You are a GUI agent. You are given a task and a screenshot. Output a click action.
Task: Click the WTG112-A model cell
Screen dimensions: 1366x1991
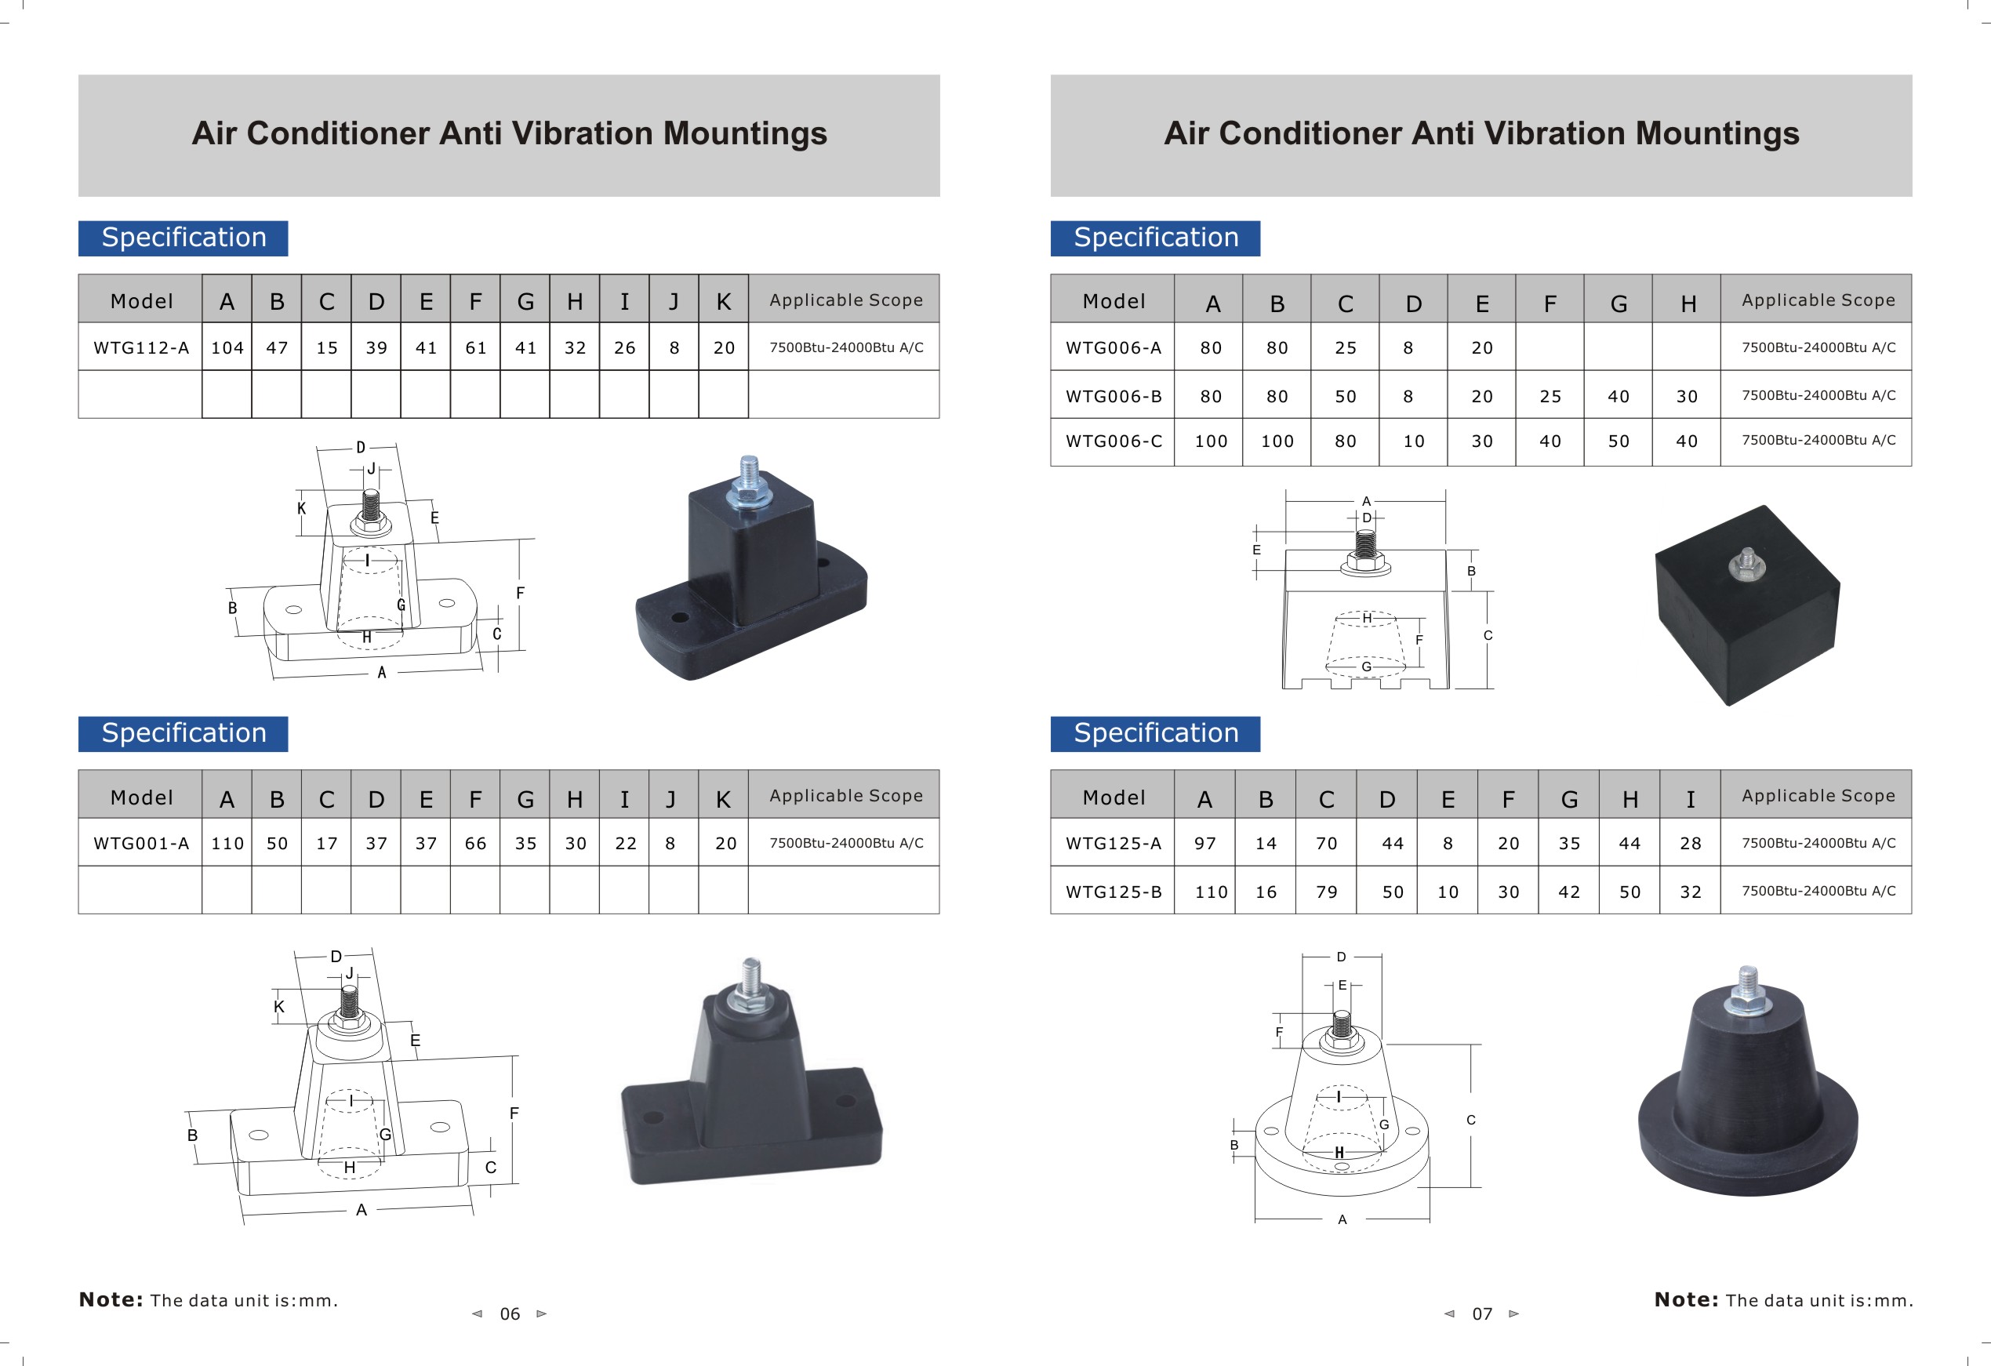pos(140,347)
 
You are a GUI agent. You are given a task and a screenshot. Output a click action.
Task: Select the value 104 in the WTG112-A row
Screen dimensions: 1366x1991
pos(227,347)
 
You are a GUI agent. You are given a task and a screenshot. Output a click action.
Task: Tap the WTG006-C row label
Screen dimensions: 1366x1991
pos(1113,441)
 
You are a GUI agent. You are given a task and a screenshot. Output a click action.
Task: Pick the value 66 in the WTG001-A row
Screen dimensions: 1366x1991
pos(475,843)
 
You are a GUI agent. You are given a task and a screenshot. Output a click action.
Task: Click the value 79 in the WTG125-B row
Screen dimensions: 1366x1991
pos(1326,892)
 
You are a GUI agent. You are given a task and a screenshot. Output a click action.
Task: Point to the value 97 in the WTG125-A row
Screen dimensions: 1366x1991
pos(1204,843)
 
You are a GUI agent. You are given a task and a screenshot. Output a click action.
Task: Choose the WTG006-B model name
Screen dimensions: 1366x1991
pos(1113,396)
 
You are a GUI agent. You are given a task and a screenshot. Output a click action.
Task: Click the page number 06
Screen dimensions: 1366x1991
pos(510,1313)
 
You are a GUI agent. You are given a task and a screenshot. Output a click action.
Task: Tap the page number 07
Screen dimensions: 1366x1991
pos(1481,1313)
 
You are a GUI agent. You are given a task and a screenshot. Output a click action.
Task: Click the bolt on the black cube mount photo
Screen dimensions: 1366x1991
pos(1747,562)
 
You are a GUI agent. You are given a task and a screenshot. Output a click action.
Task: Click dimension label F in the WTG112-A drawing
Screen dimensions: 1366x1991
pos(520,593)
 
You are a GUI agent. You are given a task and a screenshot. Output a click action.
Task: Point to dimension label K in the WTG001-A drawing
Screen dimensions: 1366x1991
pos(278,1006)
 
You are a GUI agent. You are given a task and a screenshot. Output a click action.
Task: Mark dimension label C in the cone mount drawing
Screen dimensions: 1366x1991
pos(1470,1120)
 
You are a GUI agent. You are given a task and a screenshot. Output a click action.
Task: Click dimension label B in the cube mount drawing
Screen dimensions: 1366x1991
pos(1471,571)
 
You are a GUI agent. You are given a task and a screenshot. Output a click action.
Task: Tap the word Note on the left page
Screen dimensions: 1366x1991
pos(111,1299)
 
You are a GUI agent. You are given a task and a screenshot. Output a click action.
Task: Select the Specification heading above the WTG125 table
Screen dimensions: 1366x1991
pos(1155,733)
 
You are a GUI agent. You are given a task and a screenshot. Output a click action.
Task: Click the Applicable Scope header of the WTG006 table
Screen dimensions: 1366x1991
pos(1818,300)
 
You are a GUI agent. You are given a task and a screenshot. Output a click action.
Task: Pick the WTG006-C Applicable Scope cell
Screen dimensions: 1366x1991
pos(1818,441)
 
